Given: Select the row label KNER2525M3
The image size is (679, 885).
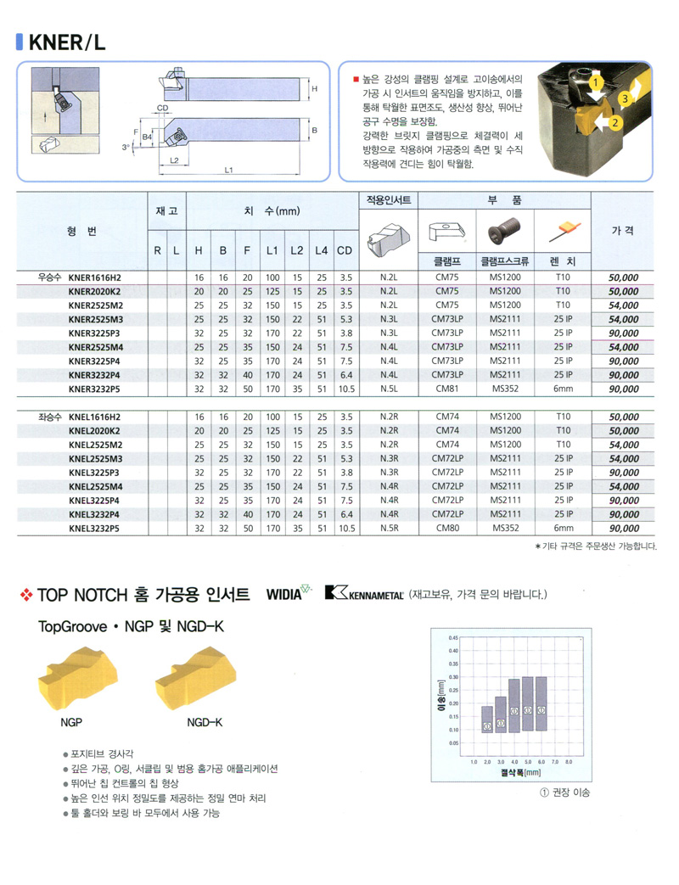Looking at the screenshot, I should click(95, 319).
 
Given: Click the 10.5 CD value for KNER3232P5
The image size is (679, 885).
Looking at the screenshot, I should click(345, 389).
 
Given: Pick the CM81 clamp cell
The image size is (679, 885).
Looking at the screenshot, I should click(446, 389).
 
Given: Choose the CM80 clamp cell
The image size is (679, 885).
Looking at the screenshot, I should click(446, 528).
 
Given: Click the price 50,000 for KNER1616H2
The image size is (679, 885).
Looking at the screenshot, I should click(624, 277).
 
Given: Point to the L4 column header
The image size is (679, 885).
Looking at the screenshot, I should click(321, 251).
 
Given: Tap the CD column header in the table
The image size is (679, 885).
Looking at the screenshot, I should click(345, 251).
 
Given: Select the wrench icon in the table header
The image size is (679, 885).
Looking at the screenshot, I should click(563, 228).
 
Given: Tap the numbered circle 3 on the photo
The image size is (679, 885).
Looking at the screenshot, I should click(626, 98).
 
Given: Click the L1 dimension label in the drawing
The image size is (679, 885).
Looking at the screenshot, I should click(229, 170).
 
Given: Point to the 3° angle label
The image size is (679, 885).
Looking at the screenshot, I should click(126, 147).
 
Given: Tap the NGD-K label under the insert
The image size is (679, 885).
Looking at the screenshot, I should click(204, 723).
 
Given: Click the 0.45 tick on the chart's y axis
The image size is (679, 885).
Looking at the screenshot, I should click(453, 636).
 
